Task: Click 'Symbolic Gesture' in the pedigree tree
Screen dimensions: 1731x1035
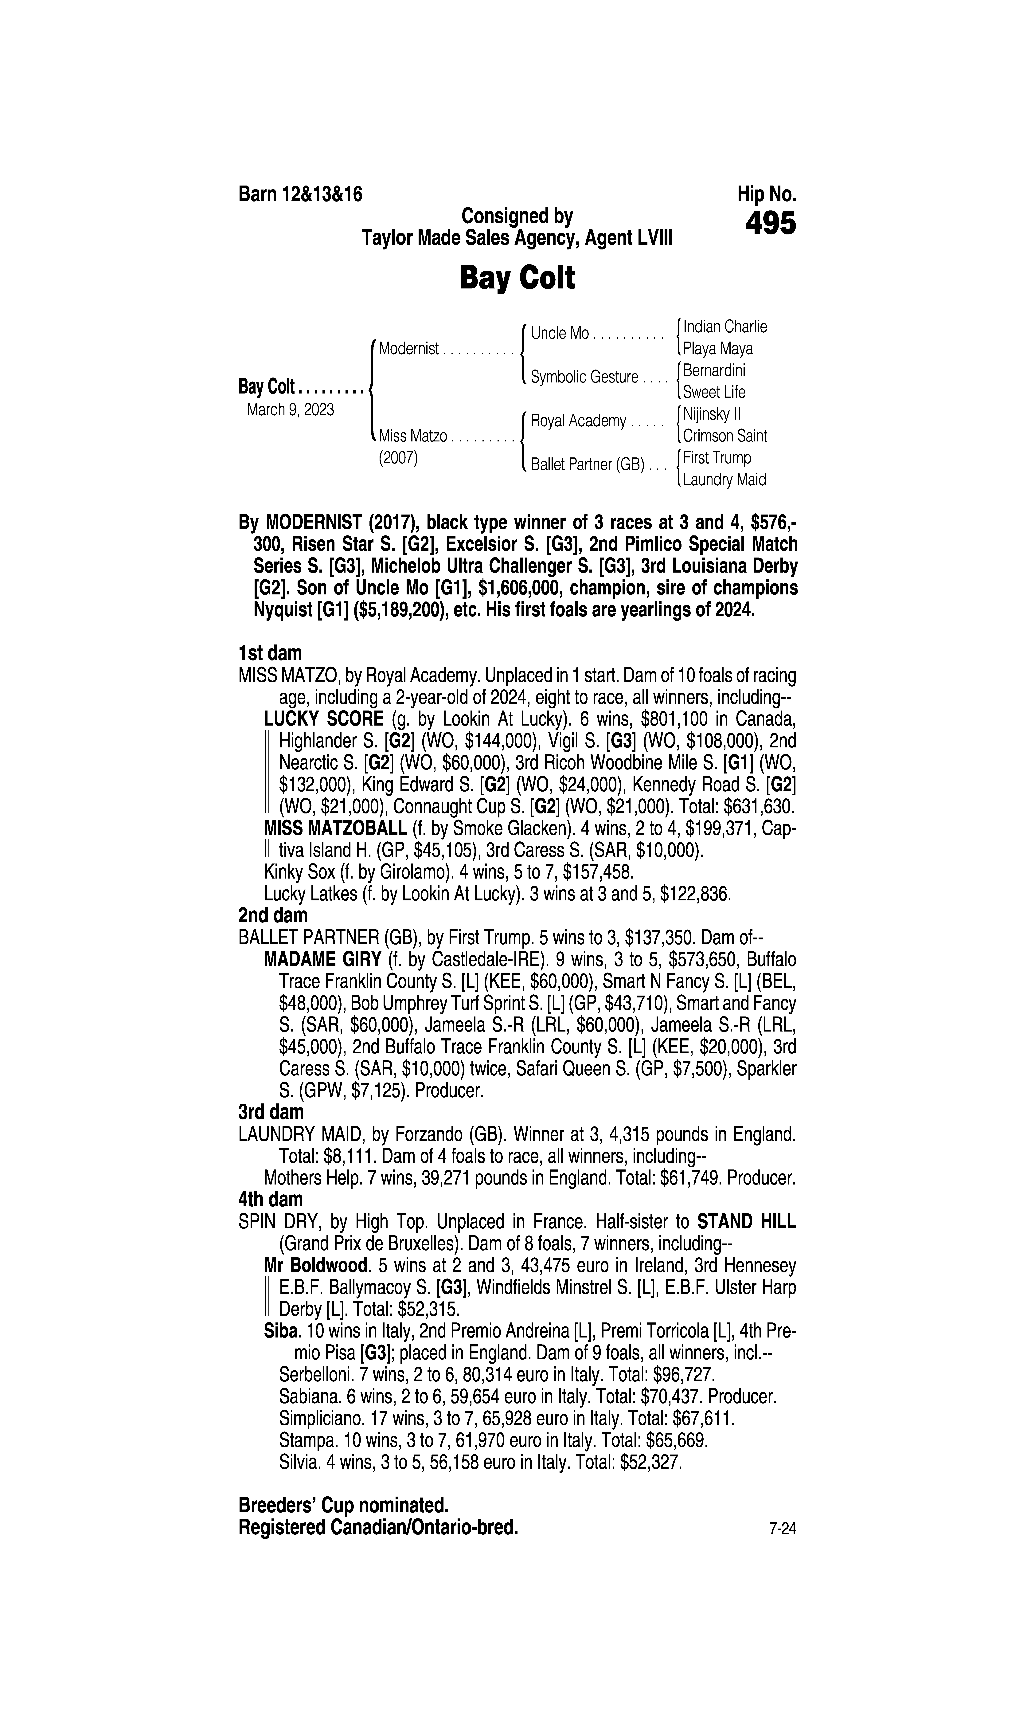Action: pos(584,377)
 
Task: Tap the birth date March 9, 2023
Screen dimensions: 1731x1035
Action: pos(290,409)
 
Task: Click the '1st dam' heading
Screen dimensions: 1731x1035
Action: pos(270,653)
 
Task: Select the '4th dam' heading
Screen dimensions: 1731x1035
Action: pos(271,1200)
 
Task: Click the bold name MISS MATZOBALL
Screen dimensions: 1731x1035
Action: pos(335,828)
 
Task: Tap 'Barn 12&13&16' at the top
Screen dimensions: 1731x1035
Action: pos(301,194)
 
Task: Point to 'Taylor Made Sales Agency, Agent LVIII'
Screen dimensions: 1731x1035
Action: pos(517,238)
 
